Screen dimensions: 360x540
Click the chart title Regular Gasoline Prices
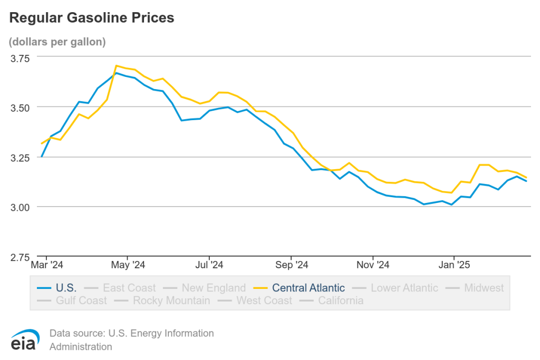click(92, 18)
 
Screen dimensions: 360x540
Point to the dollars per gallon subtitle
click(57, 42)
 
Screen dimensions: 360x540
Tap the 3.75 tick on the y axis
click(20, 57)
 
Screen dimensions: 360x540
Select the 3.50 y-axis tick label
click(20, 107)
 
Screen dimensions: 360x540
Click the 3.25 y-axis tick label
click(20, 157)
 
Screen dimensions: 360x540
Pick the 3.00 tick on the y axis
click(20, 207)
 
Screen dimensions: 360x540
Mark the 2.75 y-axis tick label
click(20, 257)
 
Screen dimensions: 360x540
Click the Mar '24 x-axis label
click(47, 265)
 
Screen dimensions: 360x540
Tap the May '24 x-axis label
click(128, 265)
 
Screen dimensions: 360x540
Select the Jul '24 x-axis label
click(209, 265)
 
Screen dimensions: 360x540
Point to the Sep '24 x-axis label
click(291, 265)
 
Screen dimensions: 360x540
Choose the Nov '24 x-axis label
click(372, 265)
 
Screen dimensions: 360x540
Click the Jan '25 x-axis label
click(454, 265)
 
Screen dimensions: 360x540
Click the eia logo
click(25, 340)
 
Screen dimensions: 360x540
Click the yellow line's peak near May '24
click(116, 66)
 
